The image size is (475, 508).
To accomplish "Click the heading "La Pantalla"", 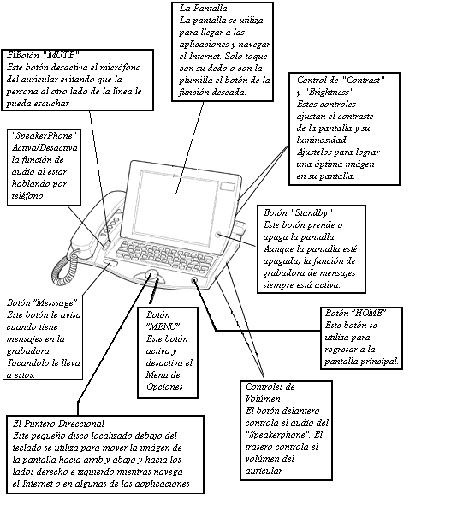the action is [203, 8].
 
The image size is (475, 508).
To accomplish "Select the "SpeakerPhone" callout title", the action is [44, 135].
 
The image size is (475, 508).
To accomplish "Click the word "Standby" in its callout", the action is [312, 212].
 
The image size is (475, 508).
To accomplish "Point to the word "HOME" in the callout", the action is [368, 313].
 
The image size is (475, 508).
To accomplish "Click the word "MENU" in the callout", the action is [163, 326].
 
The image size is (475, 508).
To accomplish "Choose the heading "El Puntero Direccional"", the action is [58, 423].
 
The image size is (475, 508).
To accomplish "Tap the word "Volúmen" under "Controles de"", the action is [263, 398].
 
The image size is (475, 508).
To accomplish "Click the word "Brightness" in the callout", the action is [330, 92].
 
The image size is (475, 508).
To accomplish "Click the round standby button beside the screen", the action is [218, 235].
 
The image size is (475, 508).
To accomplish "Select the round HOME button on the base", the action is [194, 280].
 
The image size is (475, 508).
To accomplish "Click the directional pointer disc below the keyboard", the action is [151, 275].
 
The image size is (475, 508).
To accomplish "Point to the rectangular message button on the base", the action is [110, 262].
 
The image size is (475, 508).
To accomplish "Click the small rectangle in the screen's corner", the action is [228, 186].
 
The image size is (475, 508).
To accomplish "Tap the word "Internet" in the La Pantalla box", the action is [205, 56].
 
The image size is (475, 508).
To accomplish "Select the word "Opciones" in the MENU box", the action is [164, 387].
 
